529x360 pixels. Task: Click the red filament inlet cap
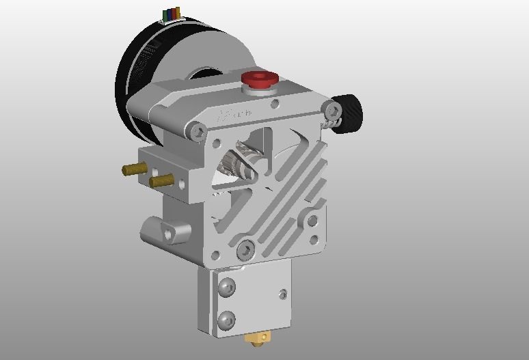pyautogui.click(x=260, y=78)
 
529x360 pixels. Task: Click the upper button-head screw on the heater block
pyautogui.click(x=227, y=287)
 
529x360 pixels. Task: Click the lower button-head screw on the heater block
pyautogui.click(x=227, y=319)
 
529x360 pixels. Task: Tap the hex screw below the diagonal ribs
pyautogui.click(x=245, y=251)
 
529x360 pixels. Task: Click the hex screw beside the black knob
pyautogui.click(x=332, y=110)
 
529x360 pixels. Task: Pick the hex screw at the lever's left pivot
pyautogui.click(x=199, y=130)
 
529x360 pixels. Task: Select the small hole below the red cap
pyautogui.click(x=275, y=104)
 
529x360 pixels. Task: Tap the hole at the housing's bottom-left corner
pyautogui.click(x=216, y=256)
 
